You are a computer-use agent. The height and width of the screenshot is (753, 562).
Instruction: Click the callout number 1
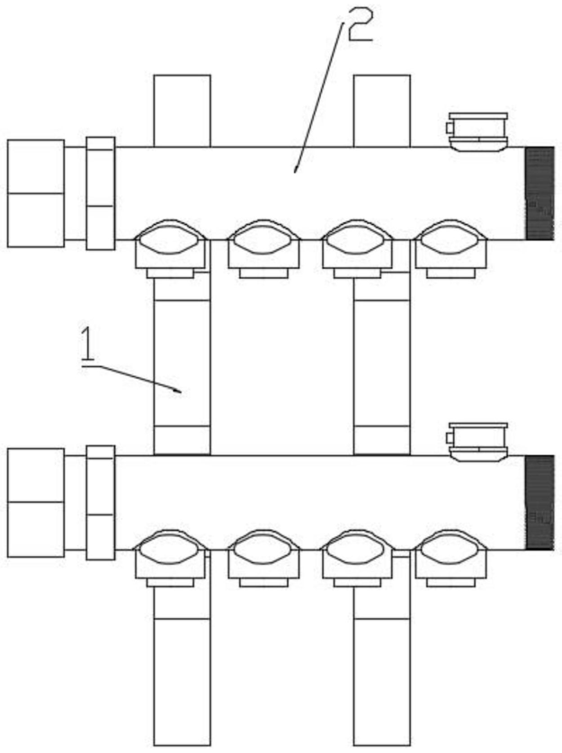pos(87,345)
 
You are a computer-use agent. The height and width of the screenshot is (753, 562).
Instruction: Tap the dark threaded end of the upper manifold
pos(539,193)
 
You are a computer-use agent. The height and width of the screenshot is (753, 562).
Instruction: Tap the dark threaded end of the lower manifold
pos(539,502)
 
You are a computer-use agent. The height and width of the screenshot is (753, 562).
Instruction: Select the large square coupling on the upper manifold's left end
pos(36,193)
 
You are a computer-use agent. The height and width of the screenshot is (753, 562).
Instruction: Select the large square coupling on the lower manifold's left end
pos(36,502)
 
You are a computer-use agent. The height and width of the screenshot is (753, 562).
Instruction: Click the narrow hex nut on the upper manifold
pos(101,193)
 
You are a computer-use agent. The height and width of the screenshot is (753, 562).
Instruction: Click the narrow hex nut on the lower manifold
pos(101,502)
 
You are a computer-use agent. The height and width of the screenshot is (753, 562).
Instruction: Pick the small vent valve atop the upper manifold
pos(477,131)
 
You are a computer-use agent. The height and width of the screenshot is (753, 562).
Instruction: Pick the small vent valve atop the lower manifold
pos(477,441)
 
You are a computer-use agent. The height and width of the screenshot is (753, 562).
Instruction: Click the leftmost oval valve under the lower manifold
pos(171,550)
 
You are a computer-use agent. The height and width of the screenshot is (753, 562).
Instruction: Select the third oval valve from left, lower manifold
pos(357,550)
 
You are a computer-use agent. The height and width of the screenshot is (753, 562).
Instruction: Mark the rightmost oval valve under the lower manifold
pos(450,550)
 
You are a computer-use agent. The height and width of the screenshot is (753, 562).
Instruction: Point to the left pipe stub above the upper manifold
pos(182,110)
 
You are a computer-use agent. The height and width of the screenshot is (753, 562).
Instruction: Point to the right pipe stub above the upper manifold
pos(381,110)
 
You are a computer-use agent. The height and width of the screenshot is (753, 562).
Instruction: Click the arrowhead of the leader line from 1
pos(179,390)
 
